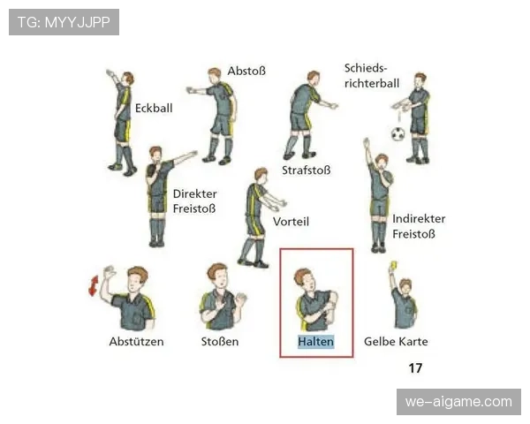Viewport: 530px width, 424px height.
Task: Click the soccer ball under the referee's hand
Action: pyautogui.click(x=397, y=134)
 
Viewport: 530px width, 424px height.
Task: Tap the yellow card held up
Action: pyautogui.click(x=393, y=265)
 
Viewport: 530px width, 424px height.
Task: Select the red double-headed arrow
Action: pyautogui.click(x=94, y=285)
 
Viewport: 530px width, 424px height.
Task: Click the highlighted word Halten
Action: pyautogui.click(x=315, y=342)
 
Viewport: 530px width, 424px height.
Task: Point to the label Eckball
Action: pyautogui.click(x=154, y=108)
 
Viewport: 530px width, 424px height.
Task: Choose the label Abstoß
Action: pyautogui.click(x=246, y=71)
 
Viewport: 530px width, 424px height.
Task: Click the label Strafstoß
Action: pyautogui.click(x=307, y=170)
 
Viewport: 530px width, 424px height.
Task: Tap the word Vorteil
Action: pyautogui.click(x=291, y=222)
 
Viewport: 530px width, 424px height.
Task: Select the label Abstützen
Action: pyautogui.click(x=137, y=342)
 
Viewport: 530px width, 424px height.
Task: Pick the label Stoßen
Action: pyautogui.click(x=220, y=342)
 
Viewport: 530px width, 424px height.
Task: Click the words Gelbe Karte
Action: pyautogui.click(x=396, y=342)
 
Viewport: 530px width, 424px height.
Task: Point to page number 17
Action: pyautogui.click(x=415, y=367)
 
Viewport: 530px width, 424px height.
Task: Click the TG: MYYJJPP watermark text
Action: pyautogui.click(x=64, y=22)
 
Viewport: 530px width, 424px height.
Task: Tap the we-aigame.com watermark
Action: pyautogui.click(x=458, y=402)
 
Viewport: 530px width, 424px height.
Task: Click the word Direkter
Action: pyautogui.click(x=195, y=193)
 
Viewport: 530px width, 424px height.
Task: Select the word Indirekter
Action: pyautogui.click(x=419, y=219)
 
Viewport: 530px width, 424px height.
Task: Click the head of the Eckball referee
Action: pyautogui.click(x=128, y=79)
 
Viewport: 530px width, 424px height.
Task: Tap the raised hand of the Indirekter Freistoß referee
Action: pyautogui.click(x=366, y=143)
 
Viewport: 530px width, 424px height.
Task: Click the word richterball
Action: pyautogui.click(x=372, y=84)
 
